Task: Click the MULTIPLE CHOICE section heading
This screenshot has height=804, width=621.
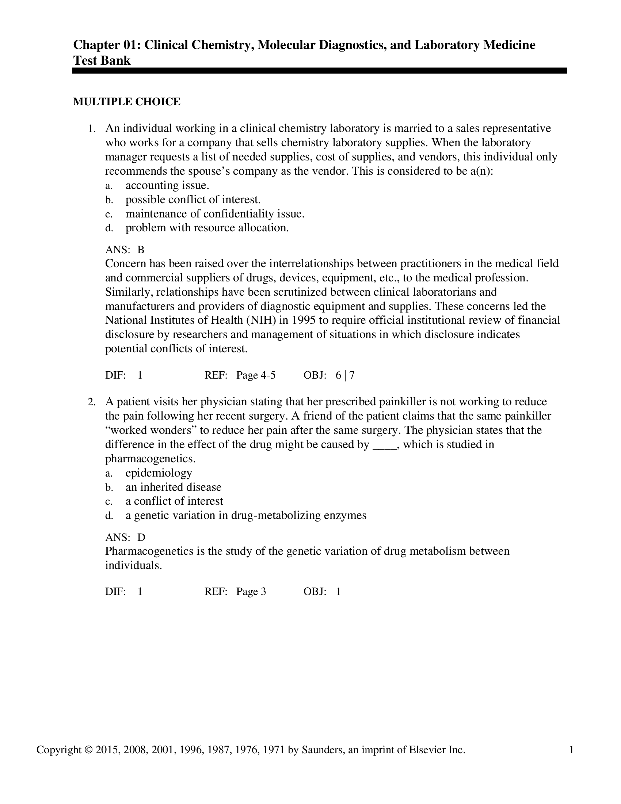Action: click(x=126, y=102)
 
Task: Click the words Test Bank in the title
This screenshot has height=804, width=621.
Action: click(x=102, y=60)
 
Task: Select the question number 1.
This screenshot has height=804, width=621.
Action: click(x=91, y=129)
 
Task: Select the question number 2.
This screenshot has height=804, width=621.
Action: click(x=91, y=402)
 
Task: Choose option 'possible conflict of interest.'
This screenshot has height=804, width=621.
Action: click(x=193, y=200)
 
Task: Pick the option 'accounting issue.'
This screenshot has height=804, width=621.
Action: click(x=167, y=185)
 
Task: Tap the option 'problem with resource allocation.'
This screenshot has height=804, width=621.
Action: click(x=207, y=228)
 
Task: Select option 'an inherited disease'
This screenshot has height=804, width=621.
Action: click(x=173, y=487)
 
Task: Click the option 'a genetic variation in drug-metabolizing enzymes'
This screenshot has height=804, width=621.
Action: click(x=246, y=515)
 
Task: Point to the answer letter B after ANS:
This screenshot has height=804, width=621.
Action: click(x=141, y=250)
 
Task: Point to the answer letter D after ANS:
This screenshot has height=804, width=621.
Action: click(x=141, y=538)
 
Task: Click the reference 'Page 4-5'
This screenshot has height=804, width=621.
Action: click(x=256, y=375)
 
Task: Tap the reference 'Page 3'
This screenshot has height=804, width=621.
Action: click(x=251, y=592)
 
